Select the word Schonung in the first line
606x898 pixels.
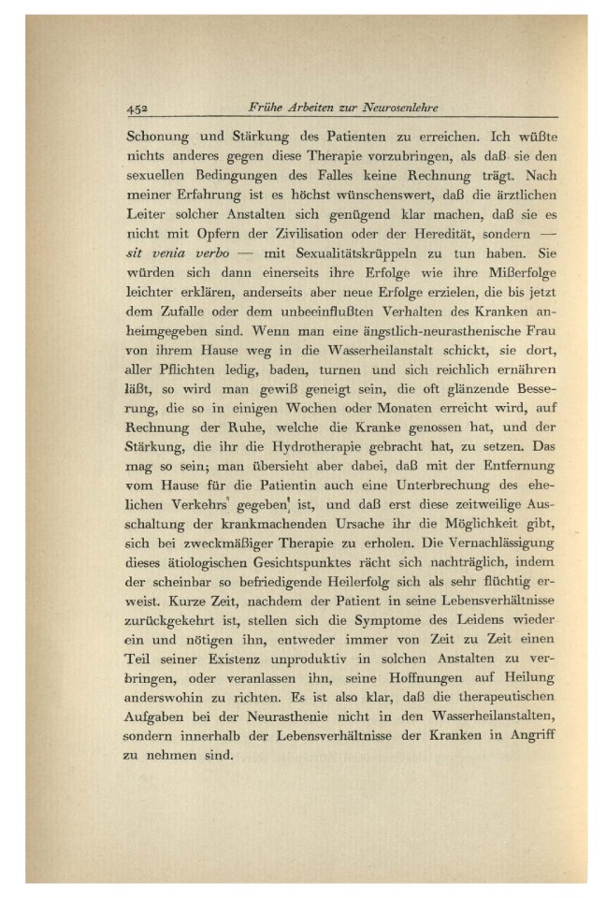point(157,135)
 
